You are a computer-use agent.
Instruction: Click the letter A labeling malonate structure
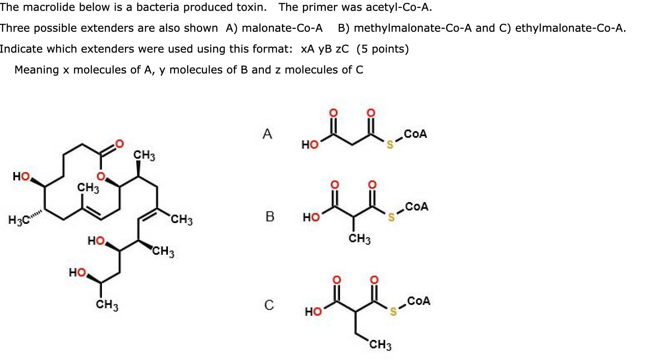pos(267,134)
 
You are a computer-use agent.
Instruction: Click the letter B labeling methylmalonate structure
pos(270,217)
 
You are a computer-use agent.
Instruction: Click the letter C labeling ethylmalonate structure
pos(269,305)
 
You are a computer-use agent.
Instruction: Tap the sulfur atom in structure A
pos(390,145)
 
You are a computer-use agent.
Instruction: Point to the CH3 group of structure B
pos(360,239)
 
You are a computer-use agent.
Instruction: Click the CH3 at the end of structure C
pos(380,345)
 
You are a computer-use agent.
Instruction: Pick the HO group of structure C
pos(313,312)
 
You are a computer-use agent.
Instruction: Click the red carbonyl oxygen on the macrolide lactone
pos(119,145)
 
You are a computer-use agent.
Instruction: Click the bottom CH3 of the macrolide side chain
pos(107,305)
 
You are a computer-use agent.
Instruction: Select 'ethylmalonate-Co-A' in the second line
pos(570,28)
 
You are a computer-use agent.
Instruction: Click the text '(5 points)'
pos(382,49)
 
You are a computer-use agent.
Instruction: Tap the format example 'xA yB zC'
pos(325,49)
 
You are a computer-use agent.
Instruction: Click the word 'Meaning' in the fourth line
pos(37,70)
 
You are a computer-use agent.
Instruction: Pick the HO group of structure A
pos(310,145)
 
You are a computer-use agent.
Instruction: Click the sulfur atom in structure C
pos(393,312)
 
